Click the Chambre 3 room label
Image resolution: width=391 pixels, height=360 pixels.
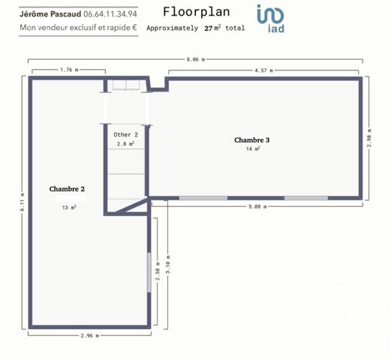(x=251, y=139)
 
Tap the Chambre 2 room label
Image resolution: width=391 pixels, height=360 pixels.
(x=67, y=189)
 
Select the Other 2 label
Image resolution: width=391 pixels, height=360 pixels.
(x=125, y=134)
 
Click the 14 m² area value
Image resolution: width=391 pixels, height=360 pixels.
(x=252, y=149)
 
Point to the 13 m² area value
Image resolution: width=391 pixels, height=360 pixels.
(x=69, y=207)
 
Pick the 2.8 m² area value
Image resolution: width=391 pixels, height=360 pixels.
(x=125, y=142)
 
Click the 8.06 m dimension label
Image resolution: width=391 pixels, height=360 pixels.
(x=195, y=58)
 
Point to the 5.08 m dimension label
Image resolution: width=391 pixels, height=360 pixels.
(x=260, y=206)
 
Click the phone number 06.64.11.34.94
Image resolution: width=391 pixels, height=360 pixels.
(x=110, y=13)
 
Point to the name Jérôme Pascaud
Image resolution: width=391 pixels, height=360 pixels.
(x=50, y=13)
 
